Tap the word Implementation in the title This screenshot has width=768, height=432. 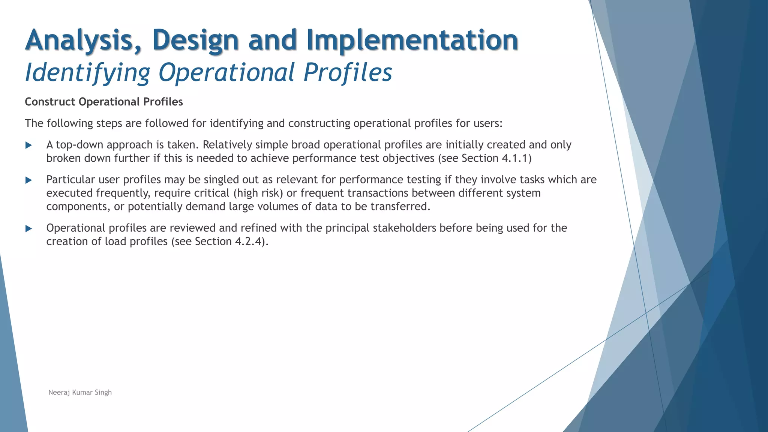pos(412,40)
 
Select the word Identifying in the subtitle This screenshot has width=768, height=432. pos(87,72)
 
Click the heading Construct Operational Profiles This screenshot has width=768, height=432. pos(104,102)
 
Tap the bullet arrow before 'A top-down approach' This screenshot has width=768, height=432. pos(28,145)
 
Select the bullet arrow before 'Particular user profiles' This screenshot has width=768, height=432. pos(28,180)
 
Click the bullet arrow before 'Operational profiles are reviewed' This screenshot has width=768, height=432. pos(28,228)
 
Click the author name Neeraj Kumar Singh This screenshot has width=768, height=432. pos(80,392)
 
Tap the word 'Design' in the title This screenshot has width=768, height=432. pos(195,40)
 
